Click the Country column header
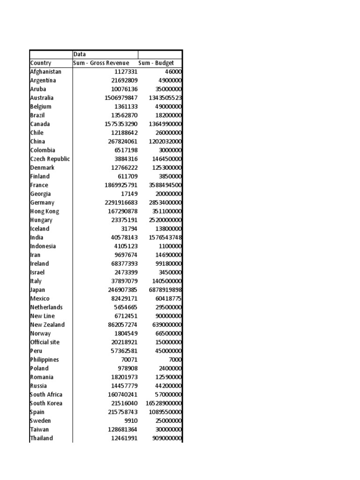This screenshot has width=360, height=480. (x=41, y=63)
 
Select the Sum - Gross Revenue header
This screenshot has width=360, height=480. (x=101, y=63)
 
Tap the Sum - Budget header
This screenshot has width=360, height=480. (x=156, y=63)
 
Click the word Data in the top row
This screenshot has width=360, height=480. (x=80, y=54)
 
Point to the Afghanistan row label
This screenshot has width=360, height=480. (x=45, y=72)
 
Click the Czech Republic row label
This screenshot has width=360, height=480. (x=50, y=159)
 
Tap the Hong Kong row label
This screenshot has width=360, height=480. (x=45, y=211)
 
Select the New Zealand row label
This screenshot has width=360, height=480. (x=47, y=325)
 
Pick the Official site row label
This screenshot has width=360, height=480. (x=45, y=342)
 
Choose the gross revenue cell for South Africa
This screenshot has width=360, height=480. (x=122, y=395)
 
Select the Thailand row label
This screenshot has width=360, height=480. (x=42, y=438)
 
